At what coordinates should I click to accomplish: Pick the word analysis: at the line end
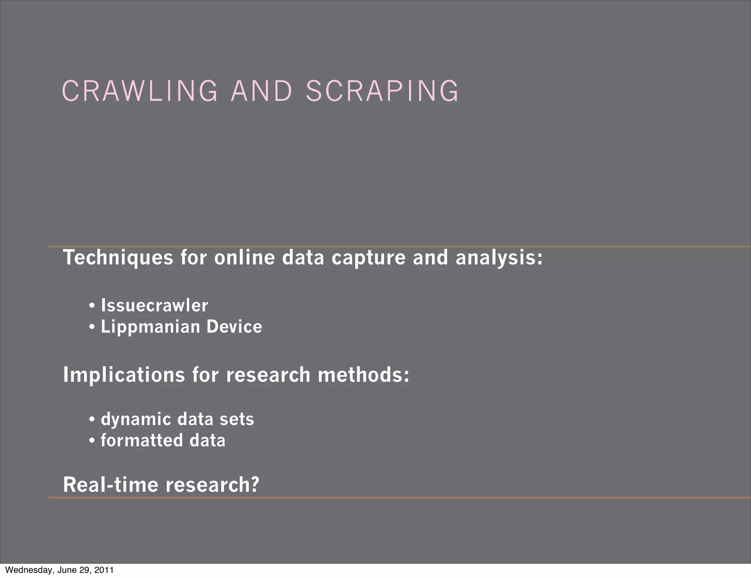coord(499,257)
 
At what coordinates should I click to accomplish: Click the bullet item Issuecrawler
coord(154,306)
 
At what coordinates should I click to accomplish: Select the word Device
coord(234,327)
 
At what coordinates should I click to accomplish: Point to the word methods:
coord(363,375)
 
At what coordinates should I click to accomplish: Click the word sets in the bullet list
coord(237,419)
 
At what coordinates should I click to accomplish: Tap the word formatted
coord(142,440)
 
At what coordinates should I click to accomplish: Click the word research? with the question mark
coord(213,484)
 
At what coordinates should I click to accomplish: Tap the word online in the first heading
coord(244,257)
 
